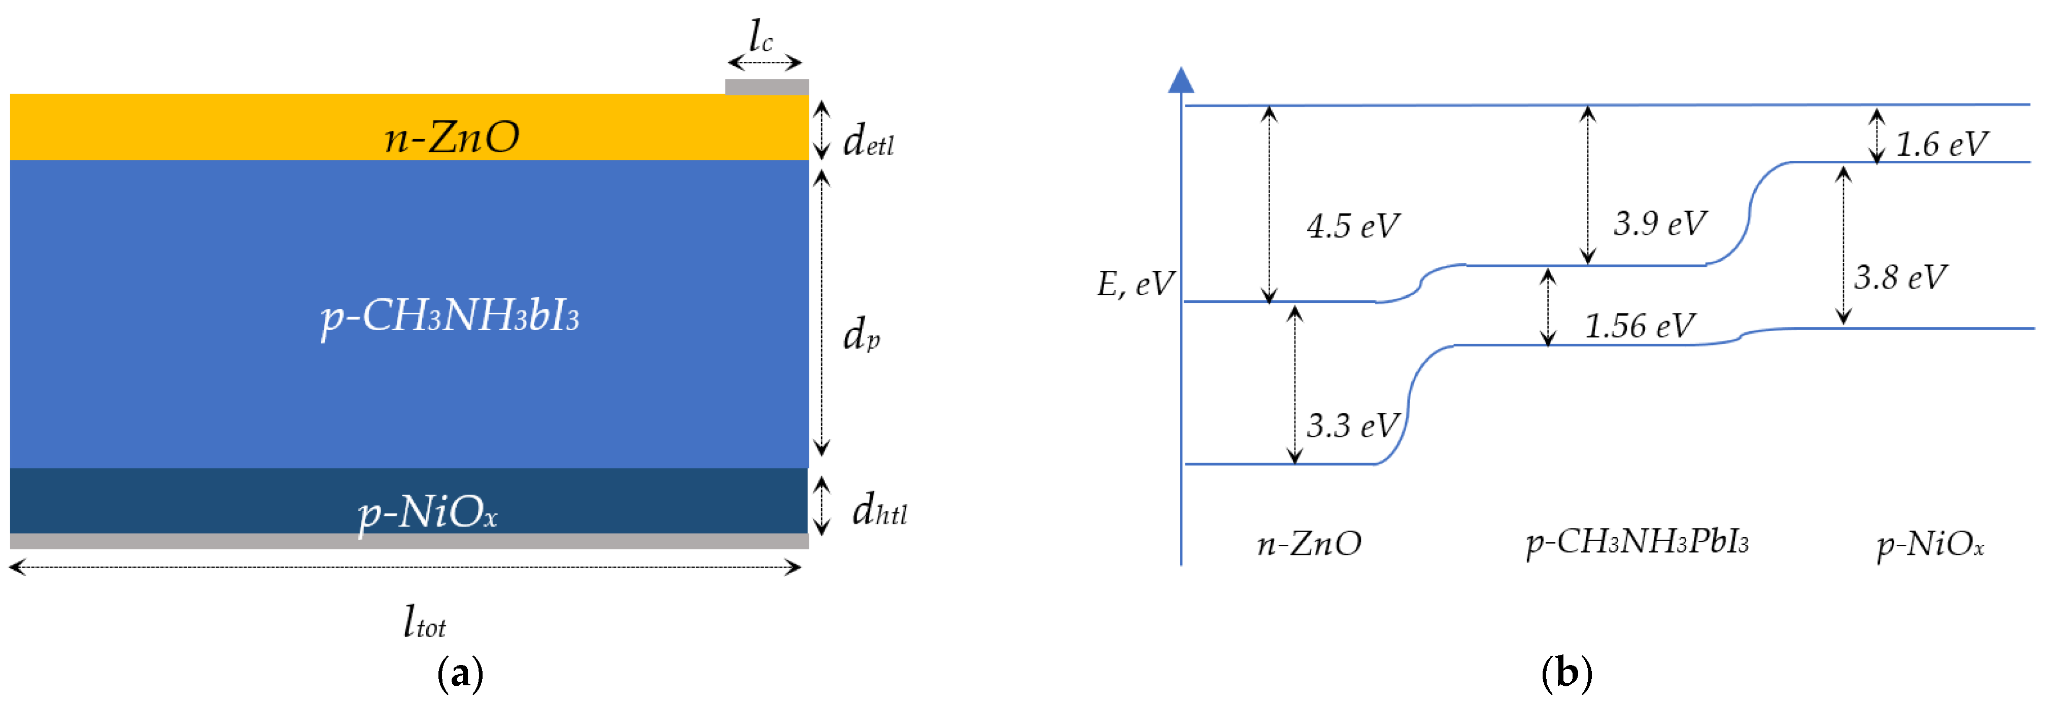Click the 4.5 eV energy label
(1353, 226)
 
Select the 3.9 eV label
(1659, 223)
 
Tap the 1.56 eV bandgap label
(1640, 326)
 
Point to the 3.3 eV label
(1353, 426)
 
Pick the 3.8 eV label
(1900, 277)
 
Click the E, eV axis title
(1135, 284)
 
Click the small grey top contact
(766, 87)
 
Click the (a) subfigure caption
(460, 674)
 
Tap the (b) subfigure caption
(1566, 674)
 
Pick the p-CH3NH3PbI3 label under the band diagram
(1637, 543)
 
